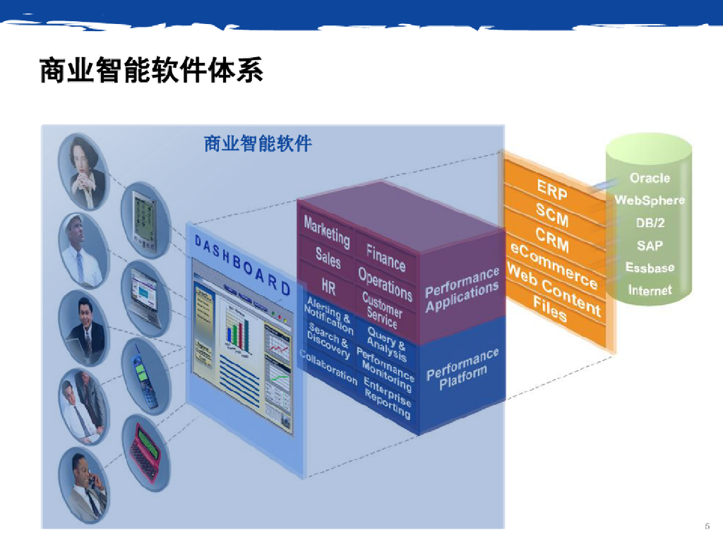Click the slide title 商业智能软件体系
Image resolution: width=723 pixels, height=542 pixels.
tap(151, 71)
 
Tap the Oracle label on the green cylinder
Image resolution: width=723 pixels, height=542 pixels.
tap(650, 178)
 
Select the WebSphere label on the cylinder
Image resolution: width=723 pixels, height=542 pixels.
tap(650, 200)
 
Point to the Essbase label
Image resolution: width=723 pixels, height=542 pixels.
tap(650, 267)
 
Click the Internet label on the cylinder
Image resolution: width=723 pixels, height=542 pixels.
tap(650, 290)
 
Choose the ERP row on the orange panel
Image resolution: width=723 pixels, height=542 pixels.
tap(551, 190)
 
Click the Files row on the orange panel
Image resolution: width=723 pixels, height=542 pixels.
tap(550, 309)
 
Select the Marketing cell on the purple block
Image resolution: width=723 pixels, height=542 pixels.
tap(326, 231)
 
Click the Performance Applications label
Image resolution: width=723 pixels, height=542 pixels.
tap(462, 289)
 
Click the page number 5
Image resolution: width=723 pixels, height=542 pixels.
tap(707, 526)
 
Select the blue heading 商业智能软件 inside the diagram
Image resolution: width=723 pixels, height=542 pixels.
tap(258, 144)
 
